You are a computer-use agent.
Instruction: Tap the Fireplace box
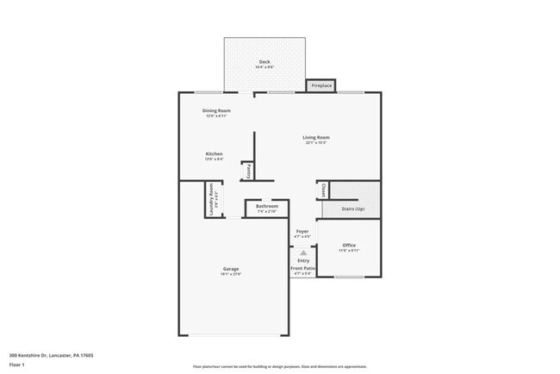pos(321,86)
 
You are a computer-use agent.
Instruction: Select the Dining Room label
pos(216,110)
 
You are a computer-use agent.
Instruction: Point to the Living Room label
pos(316,137)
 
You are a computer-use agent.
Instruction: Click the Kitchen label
pos(214,154)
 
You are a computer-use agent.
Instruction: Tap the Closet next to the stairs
pos(322,190)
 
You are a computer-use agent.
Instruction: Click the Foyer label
pos(302,232)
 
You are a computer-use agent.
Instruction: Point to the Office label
pos(349,246)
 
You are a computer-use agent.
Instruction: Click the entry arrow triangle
pos(302,252)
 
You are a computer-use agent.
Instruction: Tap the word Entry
pos(302,261)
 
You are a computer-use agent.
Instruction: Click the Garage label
pos(232,269)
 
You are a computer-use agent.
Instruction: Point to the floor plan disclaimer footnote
pos(279,366)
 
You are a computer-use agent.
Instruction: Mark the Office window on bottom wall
pos(348,277)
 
